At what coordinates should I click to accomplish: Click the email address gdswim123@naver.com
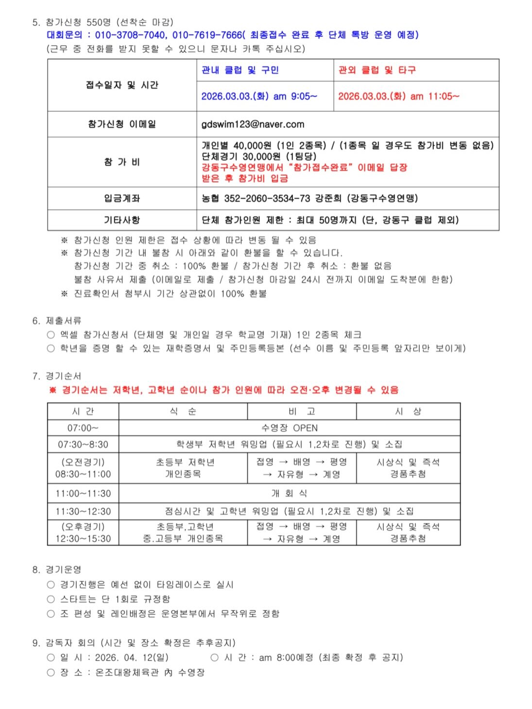(253, 124)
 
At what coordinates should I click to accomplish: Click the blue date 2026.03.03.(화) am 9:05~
(259, 96)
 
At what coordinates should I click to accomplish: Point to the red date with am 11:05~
(398, 96)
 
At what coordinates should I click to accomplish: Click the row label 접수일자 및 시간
(122, 85)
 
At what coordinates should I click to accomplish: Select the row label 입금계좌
(122, 198)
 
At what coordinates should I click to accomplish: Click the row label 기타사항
(122, 220)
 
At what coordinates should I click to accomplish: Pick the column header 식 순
(183, 412)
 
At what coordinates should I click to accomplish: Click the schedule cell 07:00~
(83, 428)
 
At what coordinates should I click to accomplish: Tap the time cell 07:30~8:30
(83, 444)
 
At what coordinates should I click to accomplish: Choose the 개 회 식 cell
(289, 493)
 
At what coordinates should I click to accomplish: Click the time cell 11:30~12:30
(83, 511)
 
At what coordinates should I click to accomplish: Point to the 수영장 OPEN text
(289, 428)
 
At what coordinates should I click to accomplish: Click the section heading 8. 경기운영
(57, 570)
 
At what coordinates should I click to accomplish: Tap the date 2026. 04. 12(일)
(132, 657)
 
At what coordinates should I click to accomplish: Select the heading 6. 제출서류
(57, 321)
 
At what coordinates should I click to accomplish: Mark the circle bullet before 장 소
(51, 673)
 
